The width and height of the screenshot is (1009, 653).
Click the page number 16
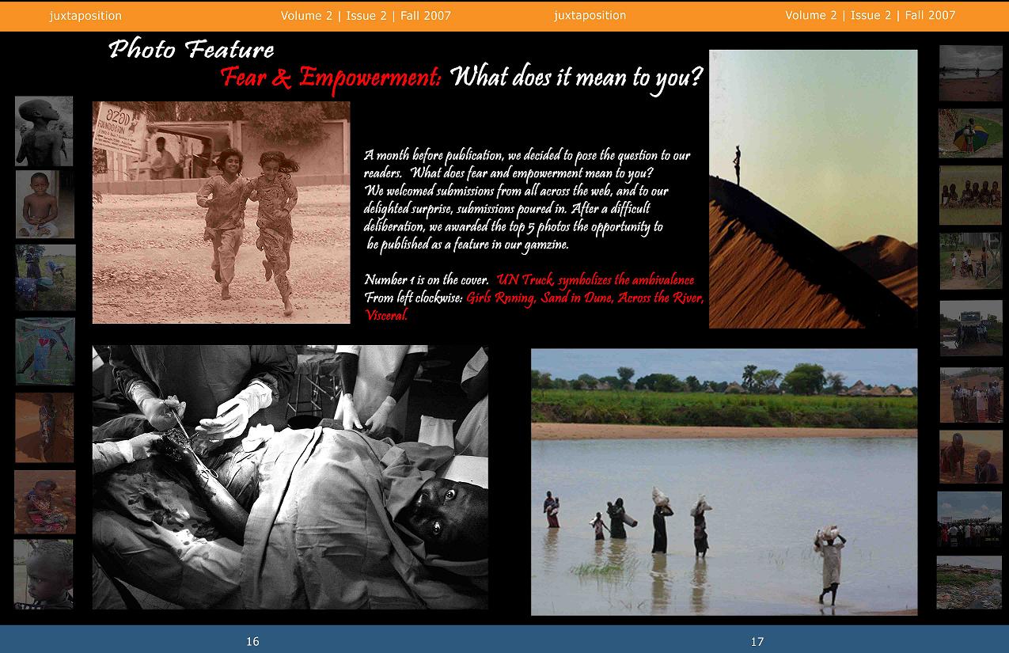(252, 641)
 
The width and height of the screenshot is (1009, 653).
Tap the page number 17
(757, 641)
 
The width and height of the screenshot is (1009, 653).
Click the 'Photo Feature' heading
(191, 49)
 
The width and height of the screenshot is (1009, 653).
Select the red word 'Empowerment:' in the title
(370, 78)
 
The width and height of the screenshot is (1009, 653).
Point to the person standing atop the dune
(737, 165)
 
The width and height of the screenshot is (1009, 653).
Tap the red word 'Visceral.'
(385, 315)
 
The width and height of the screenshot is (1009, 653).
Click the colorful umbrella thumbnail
(971, 134)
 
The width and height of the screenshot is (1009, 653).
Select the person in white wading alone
(829, 564)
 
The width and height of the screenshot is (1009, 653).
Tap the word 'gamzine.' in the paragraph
(545, 245)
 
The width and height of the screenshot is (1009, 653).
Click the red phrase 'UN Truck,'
(525, 280)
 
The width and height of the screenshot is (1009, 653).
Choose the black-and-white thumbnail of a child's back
(44, 131)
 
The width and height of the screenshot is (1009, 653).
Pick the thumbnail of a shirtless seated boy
(44, 204)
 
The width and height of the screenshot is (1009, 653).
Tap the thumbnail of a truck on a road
(971, 328)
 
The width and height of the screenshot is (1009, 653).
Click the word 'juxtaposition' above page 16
(85, 16)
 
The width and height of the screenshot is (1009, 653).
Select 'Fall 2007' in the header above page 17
(930, 15)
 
